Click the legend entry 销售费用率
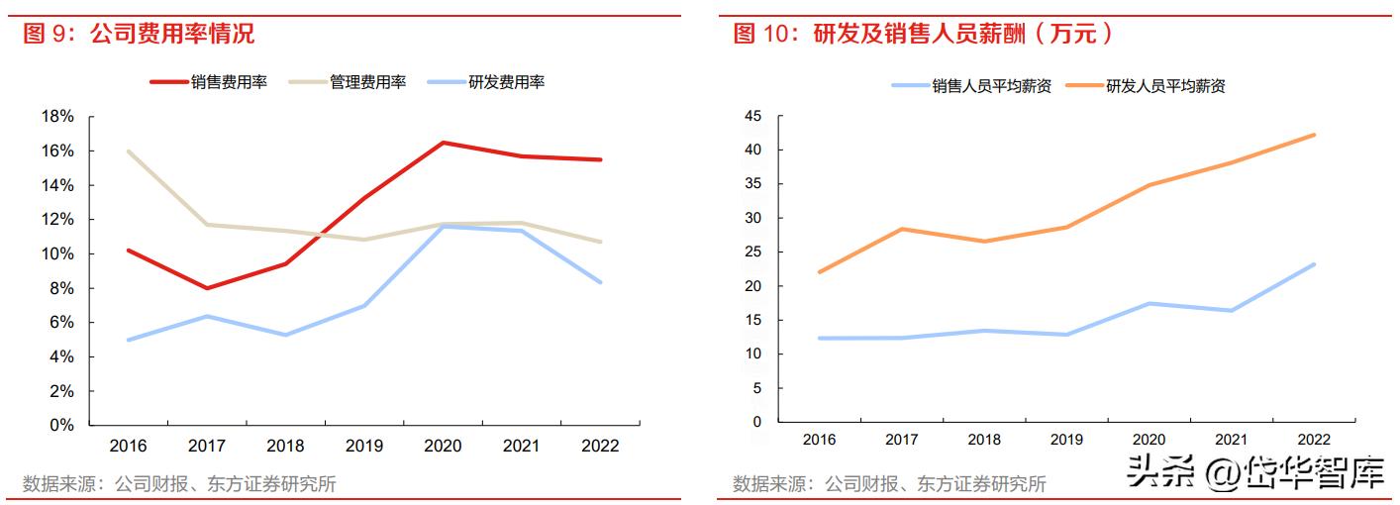(x=229, y=82)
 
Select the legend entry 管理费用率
(x=367, y=82)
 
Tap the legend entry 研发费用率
(x=506, y=82)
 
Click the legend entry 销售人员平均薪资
(x=991, y=86)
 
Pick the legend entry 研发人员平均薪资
(x=1165, y=86)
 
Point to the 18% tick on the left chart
(x=57, y=117)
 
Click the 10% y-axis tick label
(x=57, y=253)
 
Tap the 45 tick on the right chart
(x=752, y=117)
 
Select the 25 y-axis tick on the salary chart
(x=752, y=252)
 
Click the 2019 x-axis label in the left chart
(x=363, y=446)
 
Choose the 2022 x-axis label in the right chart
(x=1314, y=440)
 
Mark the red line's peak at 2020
(x=443, y=143)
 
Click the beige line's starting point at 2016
(x=129, y=151)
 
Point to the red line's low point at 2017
(x=207, y=288)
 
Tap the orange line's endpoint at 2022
(x=1314, y=135)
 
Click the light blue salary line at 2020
(x=1149, y=303)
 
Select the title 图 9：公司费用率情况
(x=139, y=35)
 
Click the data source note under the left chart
(x=179, y=484)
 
